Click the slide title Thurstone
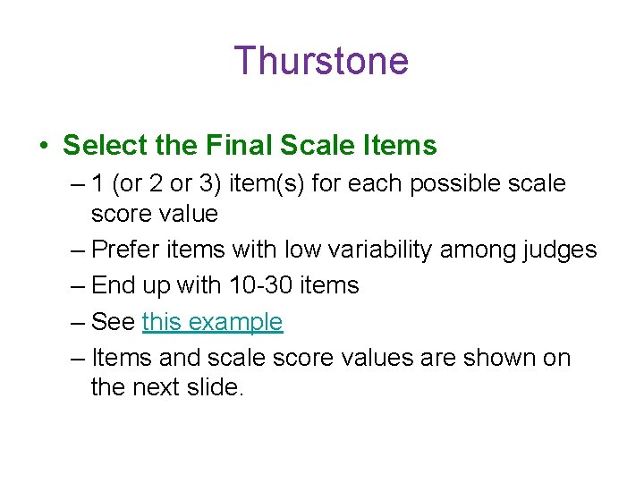[321, 61]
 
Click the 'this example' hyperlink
[212, 322]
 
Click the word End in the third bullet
[113, 286]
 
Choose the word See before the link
[114, 322]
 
